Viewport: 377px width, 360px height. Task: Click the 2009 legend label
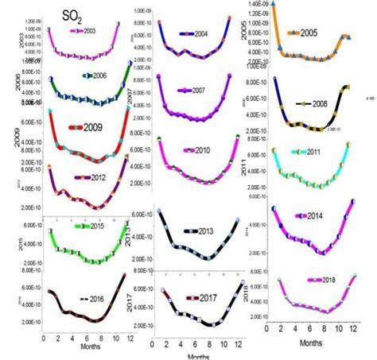(x=93, y=127)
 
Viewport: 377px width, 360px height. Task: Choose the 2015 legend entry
(x=89, y=226)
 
